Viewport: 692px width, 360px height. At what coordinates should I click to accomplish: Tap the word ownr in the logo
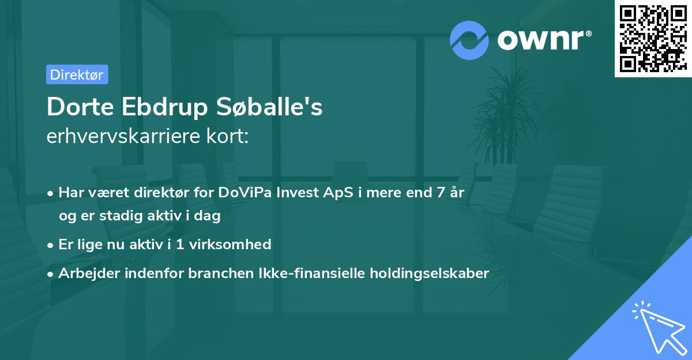(544, 39)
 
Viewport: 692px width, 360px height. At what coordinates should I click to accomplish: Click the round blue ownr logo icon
(469, 39)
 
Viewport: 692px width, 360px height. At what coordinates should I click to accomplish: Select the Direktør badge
(77, 74)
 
